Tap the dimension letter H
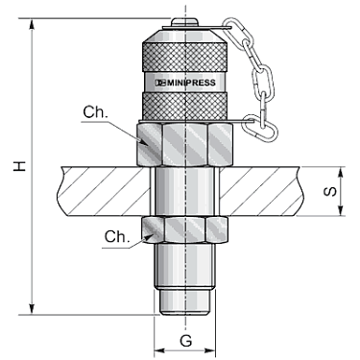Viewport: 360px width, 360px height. (x=19, y=166)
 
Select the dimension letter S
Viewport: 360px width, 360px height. (x=330, y=191)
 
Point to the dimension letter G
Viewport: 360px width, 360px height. (x=185, y=341)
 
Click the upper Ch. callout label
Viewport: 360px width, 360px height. (x=95, y=112)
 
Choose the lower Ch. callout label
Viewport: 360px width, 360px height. (x=117, y=237)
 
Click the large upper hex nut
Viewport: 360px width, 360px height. (x=185, y=144)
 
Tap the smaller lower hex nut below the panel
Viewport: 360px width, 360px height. (x=184, y=229)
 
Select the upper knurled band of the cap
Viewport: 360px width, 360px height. (x=185, y=57)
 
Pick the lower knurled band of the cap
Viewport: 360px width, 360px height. (x=185, y=107)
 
